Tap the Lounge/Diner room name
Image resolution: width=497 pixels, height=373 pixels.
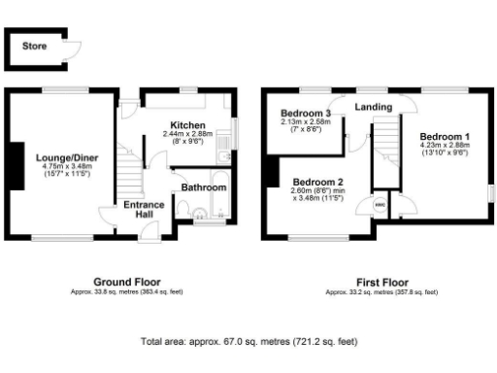point(60,156)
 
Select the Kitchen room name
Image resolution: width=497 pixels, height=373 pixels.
point(187,125)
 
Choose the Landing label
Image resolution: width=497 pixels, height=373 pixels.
point(373,107)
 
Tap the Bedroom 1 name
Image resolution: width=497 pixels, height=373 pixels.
point(447,136)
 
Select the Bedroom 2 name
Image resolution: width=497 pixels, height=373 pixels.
point(318,182)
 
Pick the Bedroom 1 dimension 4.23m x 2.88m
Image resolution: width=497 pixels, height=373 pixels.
point(447,146)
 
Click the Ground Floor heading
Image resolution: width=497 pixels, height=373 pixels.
point(126,282)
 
